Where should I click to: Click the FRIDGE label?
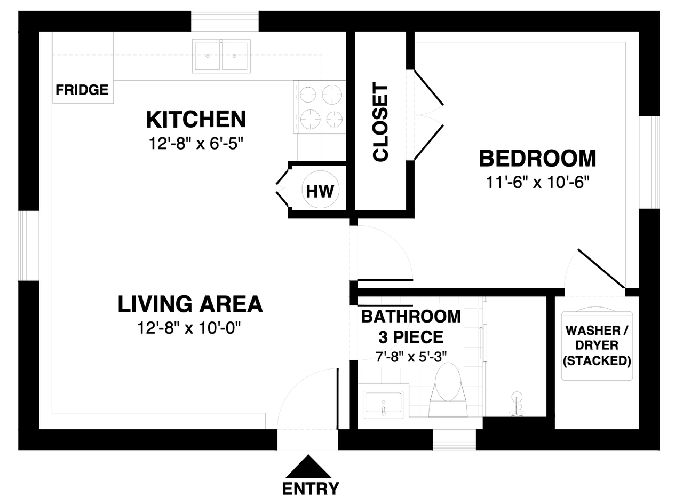(x=82, y=90)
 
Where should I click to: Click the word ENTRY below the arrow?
(x=311, y=489)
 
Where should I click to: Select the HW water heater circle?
(x=320, y=190)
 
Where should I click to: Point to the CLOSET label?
(x=380, y=121)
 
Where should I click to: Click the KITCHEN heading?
(x=196, y=120)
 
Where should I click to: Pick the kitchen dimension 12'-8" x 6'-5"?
(x=196, y=143)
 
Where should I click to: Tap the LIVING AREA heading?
(x=190, y=304)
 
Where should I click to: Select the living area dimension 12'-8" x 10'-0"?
(x=189, y=328)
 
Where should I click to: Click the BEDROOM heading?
(x=537, y=159)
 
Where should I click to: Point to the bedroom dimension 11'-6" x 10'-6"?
(x=537, y=183)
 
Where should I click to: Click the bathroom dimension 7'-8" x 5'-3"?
(x=411, y=357)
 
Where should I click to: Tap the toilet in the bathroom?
(x=448, y=391)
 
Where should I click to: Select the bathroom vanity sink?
(x=384, y=405)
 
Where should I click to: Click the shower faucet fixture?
(x=517, y=404)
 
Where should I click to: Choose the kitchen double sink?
(x=221, y=56)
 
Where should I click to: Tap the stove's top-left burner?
(x=308, y=95)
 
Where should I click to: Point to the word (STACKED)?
(x=597, y=360)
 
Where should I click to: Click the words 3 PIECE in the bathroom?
(x=411, y=337)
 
